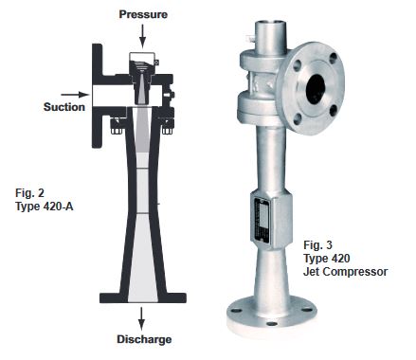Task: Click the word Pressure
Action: tap(143, 14)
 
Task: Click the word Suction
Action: tap(64, 107)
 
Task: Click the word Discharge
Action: tap(144, 339)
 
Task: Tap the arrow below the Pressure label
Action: tap(142, 36)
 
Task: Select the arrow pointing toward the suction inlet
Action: tap(75, 95)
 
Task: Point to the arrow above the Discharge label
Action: tap(141, 318)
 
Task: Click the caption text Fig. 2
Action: tap(29, 192)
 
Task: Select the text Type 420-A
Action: tap(45, 207)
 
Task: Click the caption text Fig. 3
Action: tap(317, 244)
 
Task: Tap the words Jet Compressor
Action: tap(346, 272)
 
